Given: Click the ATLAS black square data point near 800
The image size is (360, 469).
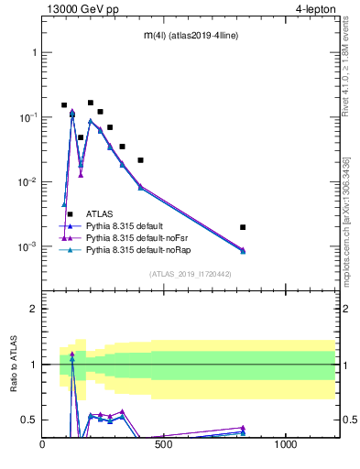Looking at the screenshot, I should [243, 227].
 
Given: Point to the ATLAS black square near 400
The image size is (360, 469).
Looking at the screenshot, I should [140, 160].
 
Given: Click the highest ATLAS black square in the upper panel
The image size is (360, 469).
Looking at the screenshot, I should [90, 103].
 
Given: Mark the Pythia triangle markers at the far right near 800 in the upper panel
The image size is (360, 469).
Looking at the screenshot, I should [243, 250].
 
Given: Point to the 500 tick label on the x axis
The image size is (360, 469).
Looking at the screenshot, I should [164, 445].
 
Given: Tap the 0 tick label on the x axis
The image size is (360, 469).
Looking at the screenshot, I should [43, 445].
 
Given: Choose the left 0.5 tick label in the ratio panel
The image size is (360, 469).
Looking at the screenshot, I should [29, 420].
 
